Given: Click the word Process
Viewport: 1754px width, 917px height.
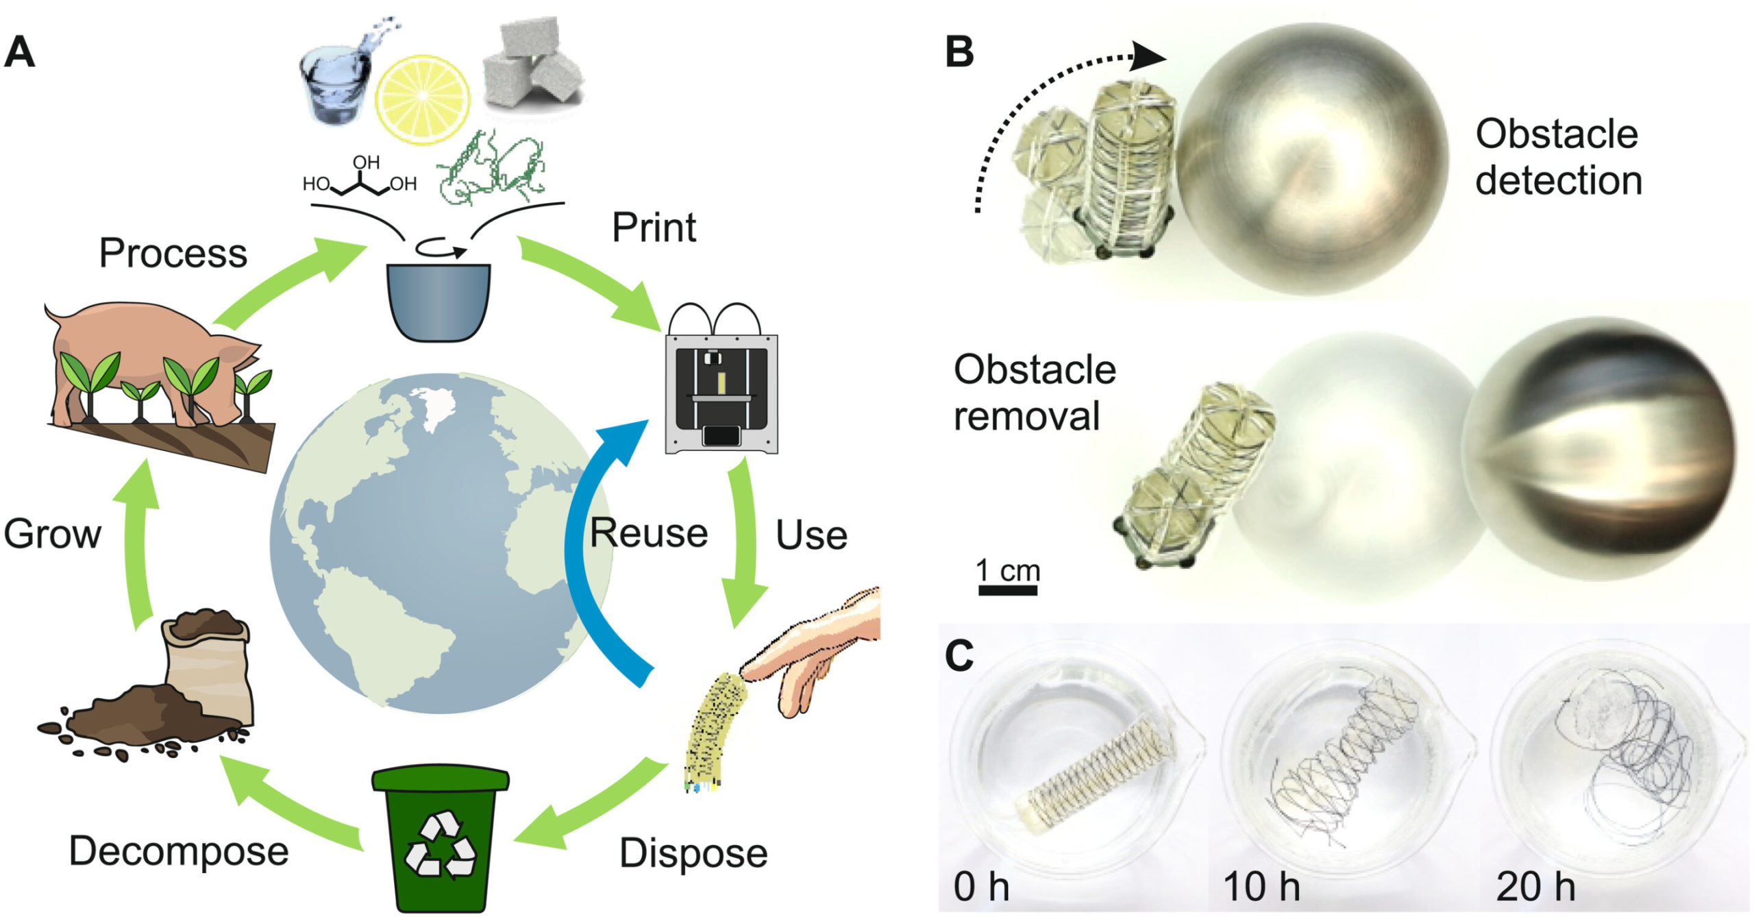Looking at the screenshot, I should click(x=173, y=253).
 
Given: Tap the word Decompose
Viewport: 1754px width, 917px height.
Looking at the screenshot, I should click(x=179, y=851).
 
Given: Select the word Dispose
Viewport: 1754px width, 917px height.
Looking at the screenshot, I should click(x=693, y=853).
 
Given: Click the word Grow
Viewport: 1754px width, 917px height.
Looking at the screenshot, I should click(x=52, y=534).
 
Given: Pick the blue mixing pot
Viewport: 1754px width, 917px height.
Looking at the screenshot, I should click(x=438, y=302).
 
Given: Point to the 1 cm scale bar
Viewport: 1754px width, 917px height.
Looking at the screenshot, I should click(x=1007, y=589).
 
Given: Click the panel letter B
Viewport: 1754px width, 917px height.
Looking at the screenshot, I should click(x=959, y=51).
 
